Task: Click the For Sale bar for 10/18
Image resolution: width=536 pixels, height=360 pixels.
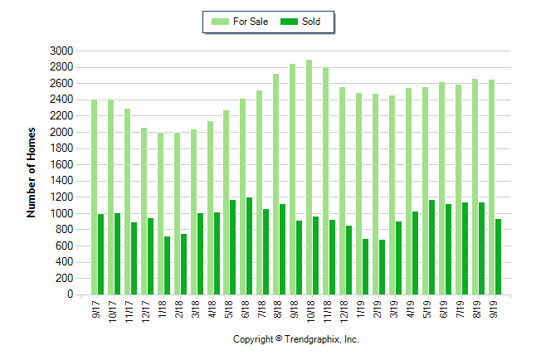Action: click(309, 178)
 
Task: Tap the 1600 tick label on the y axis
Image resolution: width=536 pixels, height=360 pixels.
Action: click(62, 164)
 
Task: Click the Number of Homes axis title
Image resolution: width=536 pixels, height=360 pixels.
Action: click(32, 173)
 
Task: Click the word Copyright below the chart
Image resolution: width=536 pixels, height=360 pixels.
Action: click(252, 339)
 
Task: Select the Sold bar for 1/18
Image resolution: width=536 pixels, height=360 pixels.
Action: click(167, 265)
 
